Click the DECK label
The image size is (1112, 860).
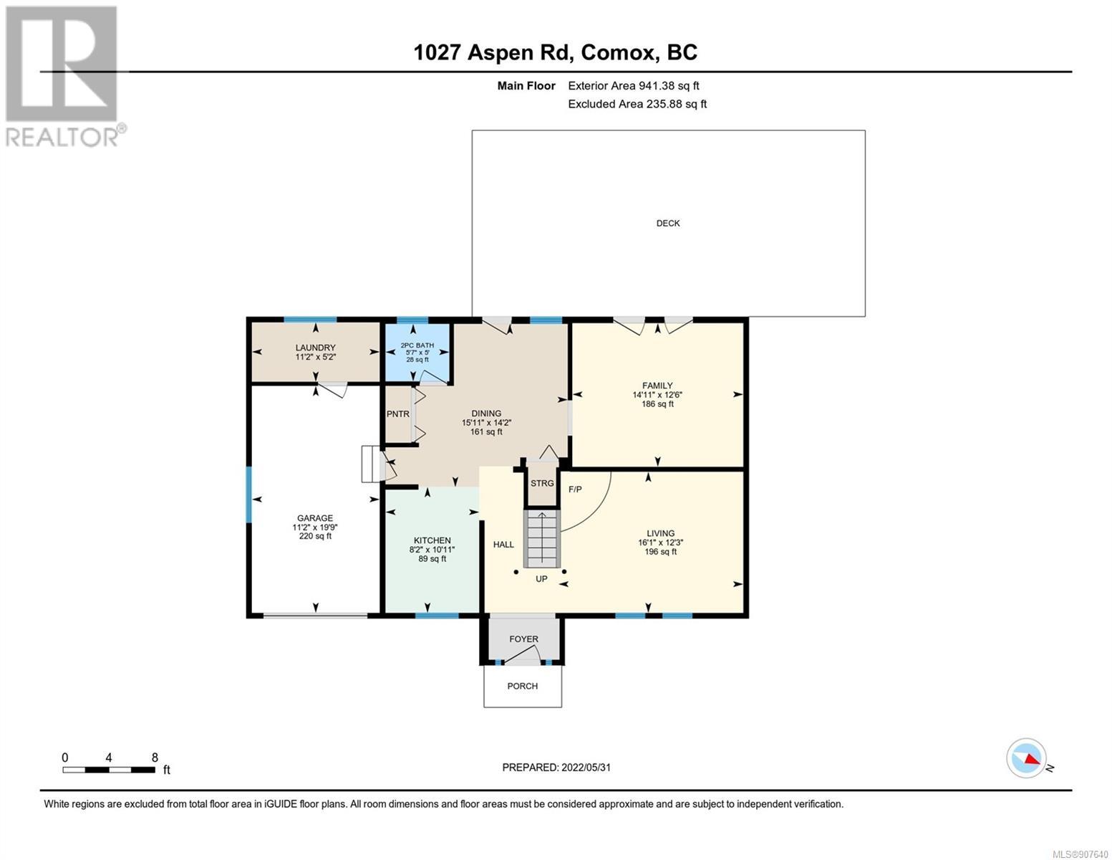pyautogui.click(x=668, y=224)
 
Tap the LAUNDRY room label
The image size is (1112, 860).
pyautogui.click(x=315, y=348)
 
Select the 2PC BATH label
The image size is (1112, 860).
pyautogui.click(x=417, y=345)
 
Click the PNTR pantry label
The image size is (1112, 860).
pyautogui.click(x=397, y=414)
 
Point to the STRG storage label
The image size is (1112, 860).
pyautogui.click(x=542, y=483)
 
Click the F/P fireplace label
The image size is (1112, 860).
pyautogui.click(x=575, y=489)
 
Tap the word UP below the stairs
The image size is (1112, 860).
pyautogui.click(x=541, y=579)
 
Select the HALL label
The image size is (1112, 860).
pyautogui.click(x=503, y=545)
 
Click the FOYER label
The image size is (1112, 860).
pyautogui.click(x=523, y=639)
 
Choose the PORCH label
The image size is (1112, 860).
pyautogui.click(x=523, y=686)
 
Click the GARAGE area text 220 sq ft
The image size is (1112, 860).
pyautogui.click(x=315, y=536)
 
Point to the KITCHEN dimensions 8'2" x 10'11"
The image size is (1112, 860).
pyautogui.click(x=432, y=550)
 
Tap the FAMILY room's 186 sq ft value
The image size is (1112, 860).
pyautogui.click(x=657, y=403)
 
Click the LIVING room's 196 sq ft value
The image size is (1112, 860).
pyautogui.click(x=661, y=552)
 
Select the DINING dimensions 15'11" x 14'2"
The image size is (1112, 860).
pyautogui.click(x=486, y=423)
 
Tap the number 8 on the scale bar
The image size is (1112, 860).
pyautogui.click(x=155, y=758)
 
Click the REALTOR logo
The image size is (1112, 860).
pyautogui.click(x=64, y=77)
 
